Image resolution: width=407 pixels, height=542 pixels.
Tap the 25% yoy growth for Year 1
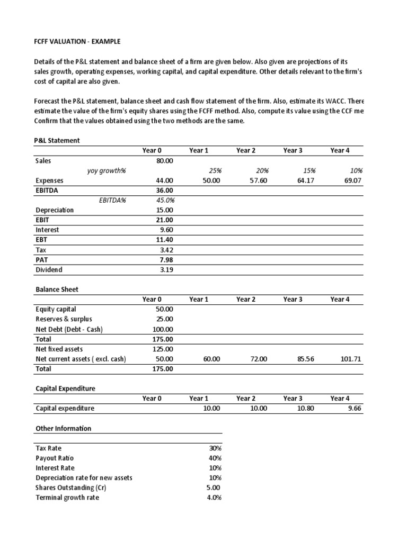[x=215, y=171]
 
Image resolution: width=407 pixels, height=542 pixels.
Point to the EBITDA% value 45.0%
[x=165, y=200]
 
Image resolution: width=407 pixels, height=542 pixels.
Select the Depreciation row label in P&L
[x=55, y=210]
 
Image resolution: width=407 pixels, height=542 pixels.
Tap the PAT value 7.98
[x=166, y=260]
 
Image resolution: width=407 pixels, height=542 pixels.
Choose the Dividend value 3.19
[x=166, y=270]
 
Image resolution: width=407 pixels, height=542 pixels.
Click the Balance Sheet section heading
[x=57, y=290]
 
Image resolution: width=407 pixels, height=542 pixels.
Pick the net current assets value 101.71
[x=351, y=359]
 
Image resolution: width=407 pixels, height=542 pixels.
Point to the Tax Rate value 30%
[x=215, y=448]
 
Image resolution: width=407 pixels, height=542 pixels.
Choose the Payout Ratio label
[x=55, y=458]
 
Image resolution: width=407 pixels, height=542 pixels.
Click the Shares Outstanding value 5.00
[x=213, y=488]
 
